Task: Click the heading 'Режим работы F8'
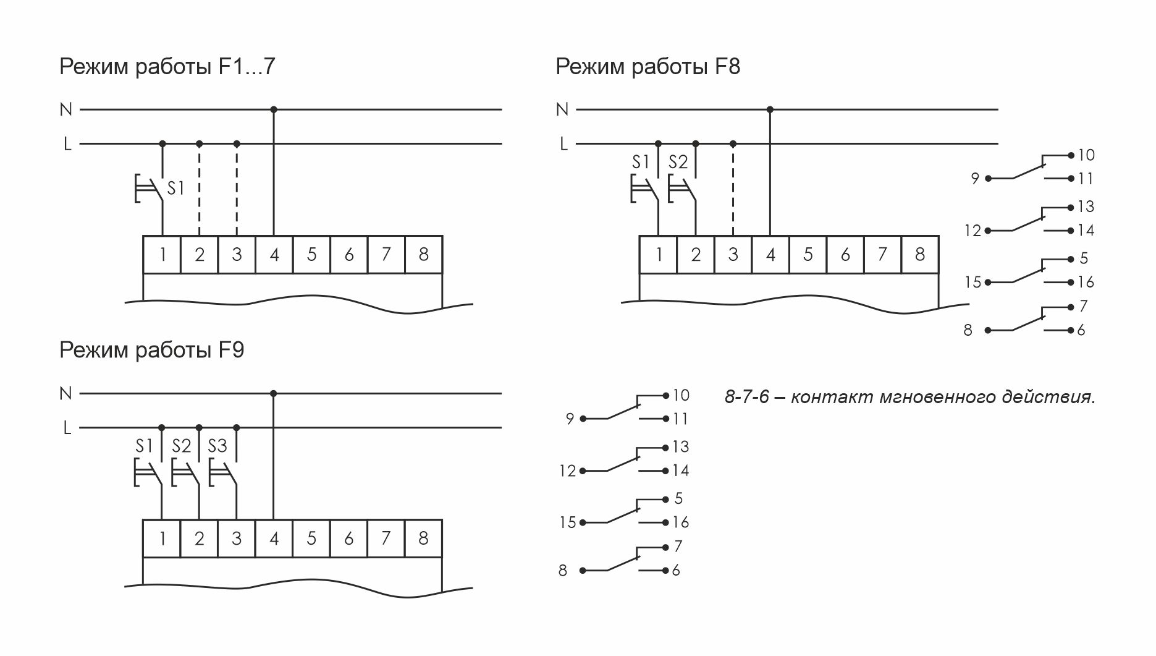[x=648, y=66]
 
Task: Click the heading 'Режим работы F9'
[x=151, y=350]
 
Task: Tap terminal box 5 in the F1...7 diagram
[x=311, y=254]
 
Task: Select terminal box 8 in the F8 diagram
[x=920, y=254]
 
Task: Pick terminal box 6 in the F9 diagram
[x=348, y=539]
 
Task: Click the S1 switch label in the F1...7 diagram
[x=176, y=188]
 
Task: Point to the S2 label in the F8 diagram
[x=678, y=162]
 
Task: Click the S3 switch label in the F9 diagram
[x=217, y=446]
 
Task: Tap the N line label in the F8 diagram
[x=562, y=109]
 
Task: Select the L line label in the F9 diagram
[x=67, y=428]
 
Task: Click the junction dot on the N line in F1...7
[x=274, y=109]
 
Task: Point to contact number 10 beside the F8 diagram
[x=1086, y=155]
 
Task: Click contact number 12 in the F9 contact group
[x=567, y=471]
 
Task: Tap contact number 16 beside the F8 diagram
[x=1086, y=283]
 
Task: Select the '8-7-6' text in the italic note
[x=746, y=396]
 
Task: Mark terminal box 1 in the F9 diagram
[x=162, y=539]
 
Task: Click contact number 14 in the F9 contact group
[x=681, y=471]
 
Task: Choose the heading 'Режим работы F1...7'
[x=167, y=66]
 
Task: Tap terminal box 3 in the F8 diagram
[x=733, y=254]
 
